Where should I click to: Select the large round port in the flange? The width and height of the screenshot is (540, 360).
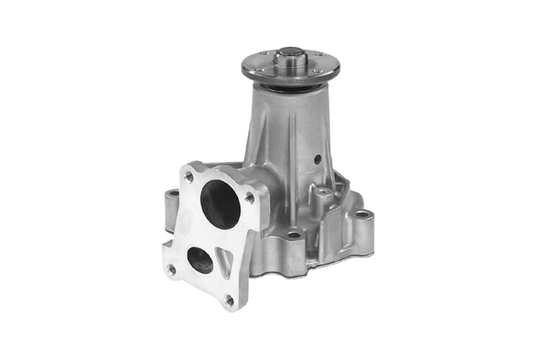pos(221,204)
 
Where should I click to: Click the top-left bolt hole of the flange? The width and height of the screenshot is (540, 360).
pos(189,174)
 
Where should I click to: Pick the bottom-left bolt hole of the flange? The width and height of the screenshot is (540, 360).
pos(171,269)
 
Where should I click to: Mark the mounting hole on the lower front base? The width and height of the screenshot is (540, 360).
pos(294,235)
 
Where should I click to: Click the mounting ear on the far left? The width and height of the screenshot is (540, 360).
pos(171,202)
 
